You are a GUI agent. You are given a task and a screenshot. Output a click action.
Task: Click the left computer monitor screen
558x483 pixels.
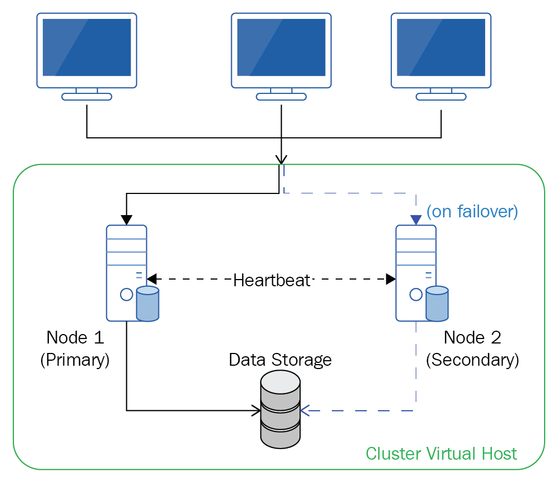(x=87, y=47)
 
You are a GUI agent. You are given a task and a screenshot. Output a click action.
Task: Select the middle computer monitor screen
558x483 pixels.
(x=281, y=47)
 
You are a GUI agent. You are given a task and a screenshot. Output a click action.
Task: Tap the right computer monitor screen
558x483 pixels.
(x=441, y=47)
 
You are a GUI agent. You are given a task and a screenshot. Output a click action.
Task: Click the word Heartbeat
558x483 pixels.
(x=272, y=280)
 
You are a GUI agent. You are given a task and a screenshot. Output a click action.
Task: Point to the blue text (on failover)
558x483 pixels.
(x=472, y=212)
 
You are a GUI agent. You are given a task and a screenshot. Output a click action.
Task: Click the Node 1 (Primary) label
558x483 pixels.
(x=75, y=348)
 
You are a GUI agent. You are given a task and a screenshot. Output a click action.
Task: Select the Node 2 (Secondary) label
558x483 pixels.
(x=472, y=348)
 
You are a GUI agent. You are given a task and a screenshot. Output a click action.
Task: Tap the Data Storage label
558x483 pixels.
(x=280, y=360)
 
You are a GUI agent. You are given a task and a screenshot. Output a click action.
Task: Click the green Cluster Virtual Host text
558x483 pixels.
(x=441, y=453)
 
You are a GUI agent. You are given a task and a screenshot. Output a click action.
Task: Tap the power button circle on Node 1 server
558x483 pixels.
(x=126, y=295)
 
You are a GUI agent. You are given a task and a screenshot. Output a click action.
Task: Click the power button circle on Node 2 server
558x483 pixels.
(x=415, y=295)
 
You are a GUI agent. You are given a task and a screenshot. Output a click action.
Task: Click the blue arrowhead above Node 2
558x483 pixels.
(x=416, y=220)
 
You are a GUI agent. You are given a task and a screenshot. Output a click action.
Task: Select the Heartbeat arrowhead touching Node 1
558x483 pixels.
(x=152, y=278)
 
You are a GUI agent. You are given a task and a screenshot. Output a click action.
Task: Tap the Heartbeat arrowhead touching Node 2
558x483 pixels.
(x=391, y=278)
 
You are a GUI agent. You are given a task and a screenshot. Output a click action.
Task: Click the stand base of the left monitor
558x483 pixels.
(x=87, y=97)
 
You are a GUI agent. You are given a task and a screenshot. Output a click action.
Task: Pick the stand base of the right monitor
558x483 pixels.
(x=441, y=97)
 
